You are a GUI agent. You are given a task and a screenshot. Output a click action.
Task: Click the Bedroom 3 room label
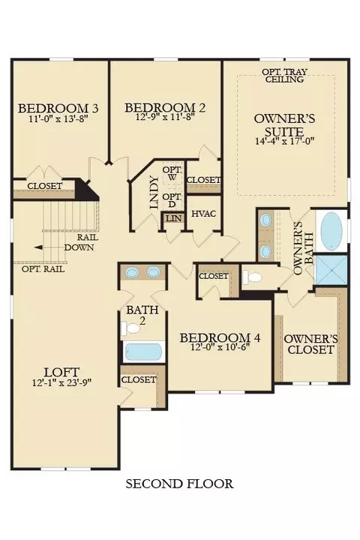point(58,108)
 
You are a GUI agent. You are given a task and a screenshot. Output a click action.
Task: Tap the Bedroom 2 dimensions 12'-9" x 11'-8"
point(165,117)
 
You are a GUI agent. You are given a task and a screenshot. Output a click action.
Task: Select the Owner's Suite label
point(284,125)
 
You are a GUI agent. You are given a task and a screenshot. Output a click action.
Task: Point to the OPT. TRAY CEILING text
point(284,76)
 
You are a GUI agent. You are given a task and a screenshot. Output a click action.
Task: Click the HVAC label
point(203,214)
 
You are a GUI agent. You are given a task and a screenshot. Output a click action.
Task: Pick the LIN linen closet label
point(174,218)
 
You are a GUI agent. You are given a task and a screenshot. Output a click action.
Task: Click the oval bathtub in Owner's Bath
point(331,230)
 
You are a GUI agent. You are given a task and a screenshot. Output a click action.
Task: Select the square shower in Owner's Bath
point(331,270)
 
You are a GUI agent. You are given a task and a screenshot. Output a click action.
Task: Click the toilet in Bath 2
point(130,328)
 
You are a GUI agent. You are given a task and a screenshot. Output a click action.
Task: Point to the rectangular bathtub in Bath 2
point(143,351)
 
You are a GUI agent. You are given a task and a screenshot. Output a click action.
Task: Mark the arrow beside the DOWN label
point(49,247)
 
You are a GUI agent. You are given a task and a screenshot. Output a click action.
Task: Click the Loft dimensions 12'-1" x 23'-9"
point(62,382)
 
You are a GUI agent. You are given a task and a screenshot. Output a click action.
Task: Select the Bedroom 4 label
point(220,337)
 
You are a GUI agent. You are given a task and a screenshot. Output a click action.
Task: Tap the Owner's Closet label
point(311,344)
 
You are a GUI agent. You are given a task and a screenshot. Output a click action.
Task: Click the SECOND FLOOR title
point(179,484)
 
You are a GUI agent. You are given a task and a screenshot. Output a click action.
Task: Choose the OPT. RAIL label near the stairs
point(43,269)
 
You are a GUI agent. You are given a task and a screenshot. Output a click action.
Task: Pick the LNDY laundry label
point(154,193)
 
